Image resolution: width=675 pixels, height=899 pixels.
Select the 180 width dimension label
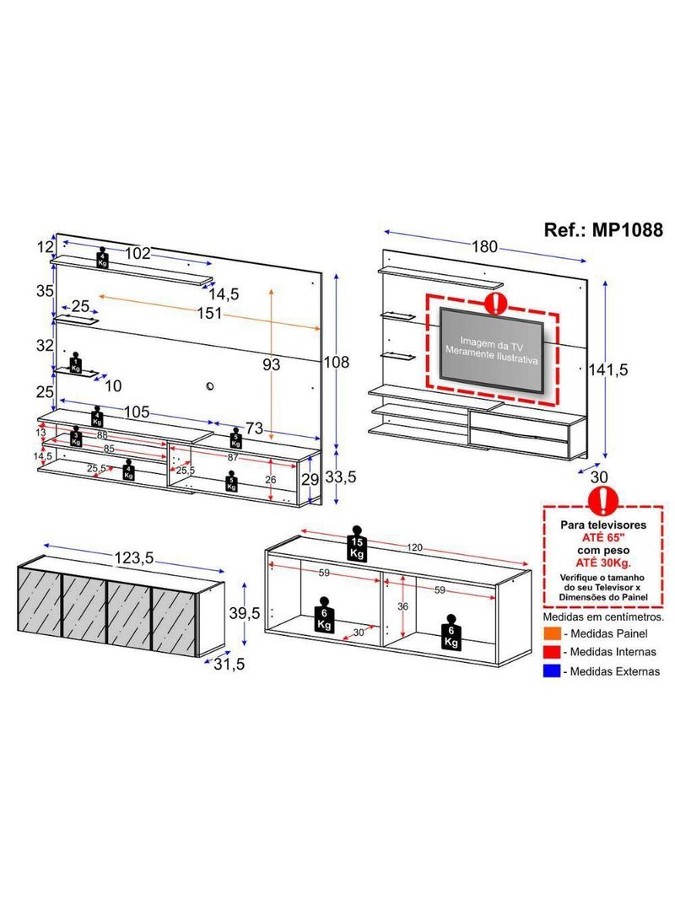[x=484, y=247]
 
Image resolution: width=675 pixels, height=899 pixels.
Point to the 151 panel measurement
[x=205, y=314]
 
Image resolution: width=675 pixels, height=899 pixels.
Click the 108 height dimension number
[x=337, y=363]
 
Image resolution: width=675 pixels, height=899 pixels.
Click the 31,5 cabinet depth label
[x=229, y=664]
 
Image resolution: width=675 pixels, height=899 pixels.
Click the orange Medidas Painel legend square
[x=551, y=633]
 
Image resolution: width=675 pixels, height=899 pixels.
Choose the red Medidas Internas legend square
[x=551, y=652]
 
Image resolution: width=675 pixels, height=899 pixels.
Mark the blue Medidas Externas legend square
[x=551, y=671]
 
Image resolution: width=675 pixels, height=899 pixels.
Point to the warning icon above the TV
[x=497, y=301]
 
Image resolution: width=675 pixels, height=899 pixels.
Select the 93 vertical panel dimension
[x=271, y=364]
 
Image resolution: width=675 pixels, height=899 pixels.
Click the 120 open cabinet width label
[x=413, y=548]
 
